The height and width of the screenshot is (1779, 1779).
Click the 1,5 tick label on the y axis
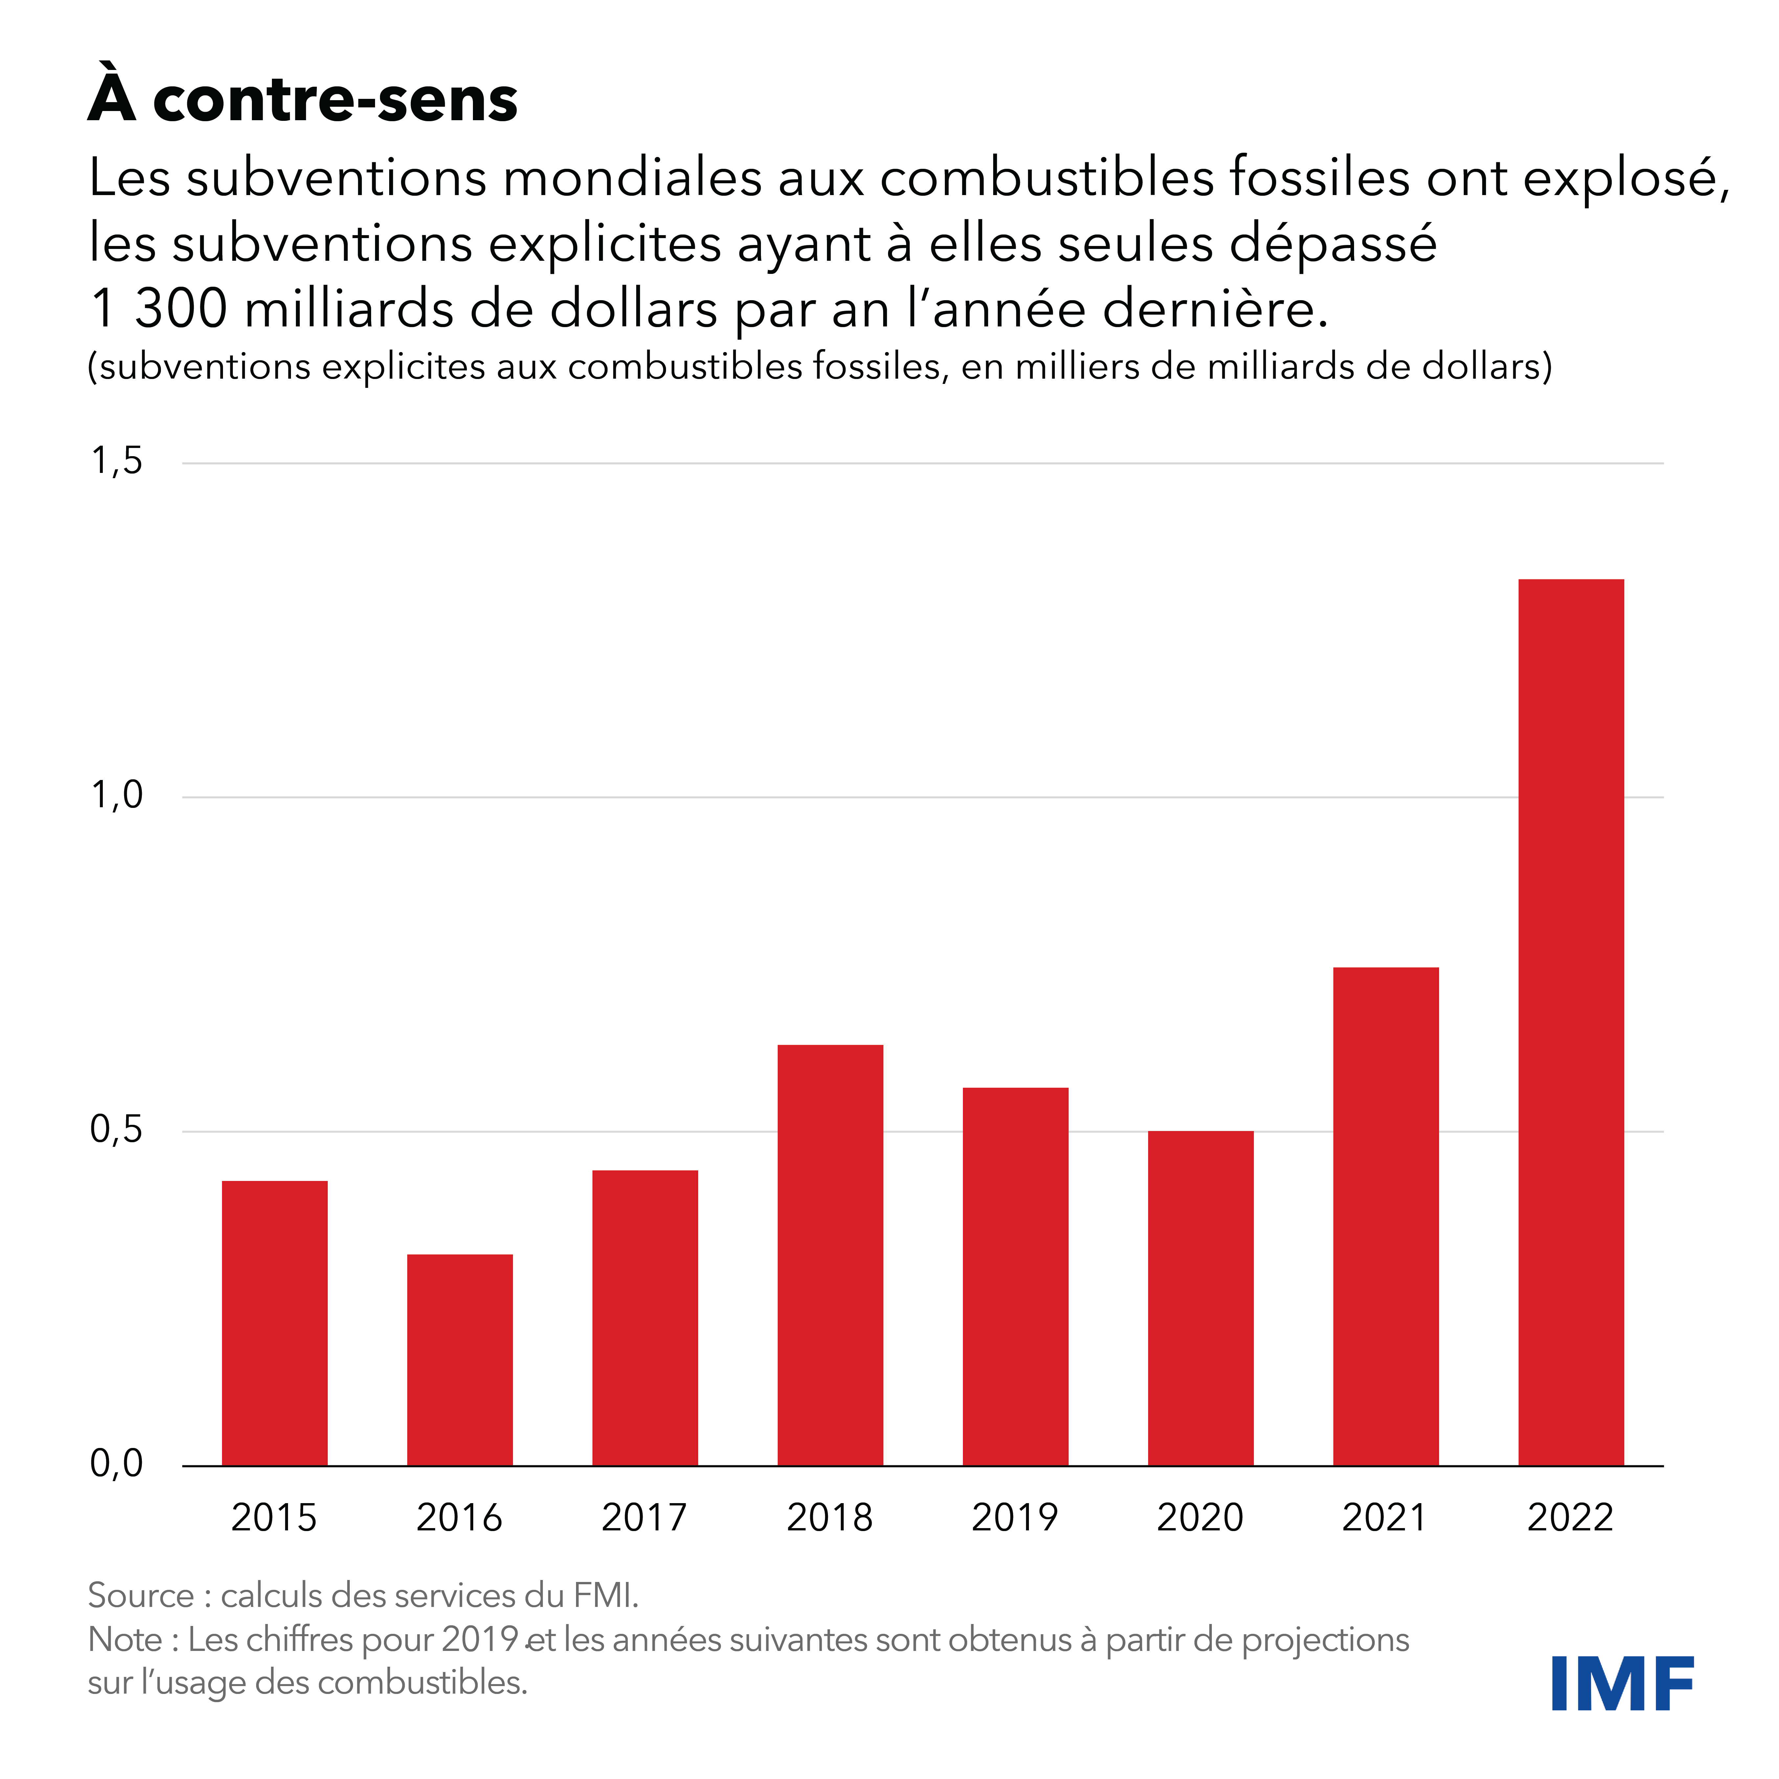(117, 460)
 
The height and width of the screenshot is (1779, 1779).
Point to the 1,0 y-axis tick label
(117, 795)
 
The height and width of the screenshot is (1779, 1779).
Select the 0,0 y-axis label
(117, 1463)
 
